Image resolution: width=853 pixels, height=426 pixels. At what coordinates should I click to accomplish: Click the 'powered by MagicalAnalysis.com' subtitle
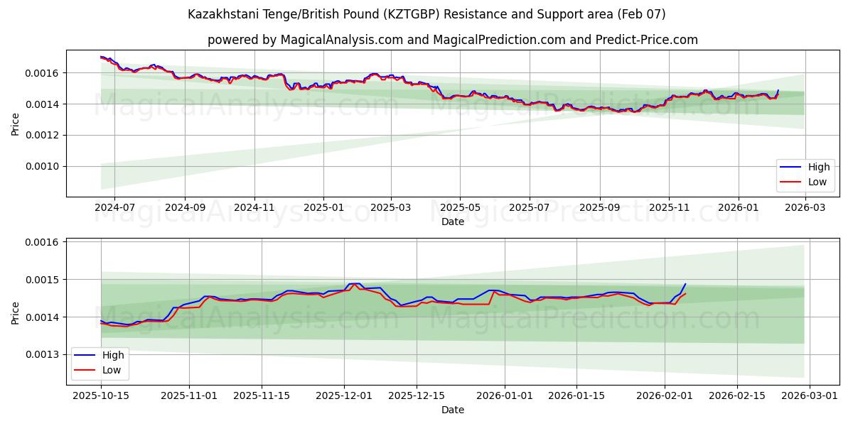(452, 40)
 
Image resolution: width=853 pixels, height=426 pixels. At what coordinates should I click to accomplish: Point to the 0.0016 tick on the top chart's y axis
(43, 73)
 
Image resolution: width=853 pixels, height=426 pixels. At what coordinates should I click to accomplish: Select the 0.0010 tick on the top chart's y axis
(43, 166)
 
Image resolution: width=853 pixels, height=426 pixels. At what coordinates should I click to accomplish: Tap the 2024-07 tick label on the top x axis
(115, 208)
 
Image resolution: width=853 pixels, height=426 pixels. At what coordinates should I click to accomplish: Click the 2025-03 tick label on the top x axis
(392, 208)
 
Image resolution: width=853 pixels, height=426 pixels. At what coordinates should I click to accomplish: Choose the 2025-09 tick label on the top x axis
(599, 208)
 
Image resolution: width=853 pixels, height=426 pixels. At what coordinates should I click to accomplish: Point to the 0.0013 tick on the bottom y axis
(43, 354)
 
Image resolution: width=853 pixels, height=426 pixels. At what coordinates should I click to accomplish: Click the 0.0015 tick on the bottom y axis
(43, 280)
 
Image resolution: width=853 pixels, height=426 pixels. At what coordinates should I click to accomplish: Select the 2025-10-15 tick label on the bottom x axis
(101, 396)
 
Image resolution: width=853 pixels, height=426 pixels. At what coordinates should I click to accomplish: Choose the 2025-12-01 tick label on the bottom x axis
(345, 396)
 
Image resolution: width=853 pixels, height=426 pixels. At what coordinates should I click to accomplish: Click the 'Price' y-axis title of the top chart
(16, 124)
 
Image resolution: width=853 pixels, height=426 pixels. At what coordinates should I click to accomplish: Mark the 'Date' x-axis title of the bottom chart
(452, 410)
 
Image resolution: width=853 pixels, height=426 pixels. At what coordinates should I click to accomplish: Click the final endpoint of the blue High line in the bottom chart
(685, 284)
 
